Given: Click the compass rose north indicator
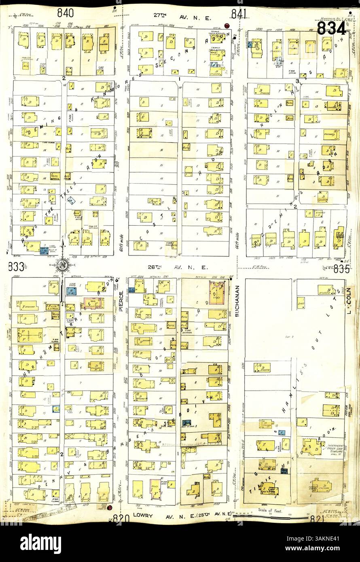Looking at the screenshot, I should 63,265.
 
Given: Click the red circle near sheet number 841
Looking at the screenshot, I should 227,26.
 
